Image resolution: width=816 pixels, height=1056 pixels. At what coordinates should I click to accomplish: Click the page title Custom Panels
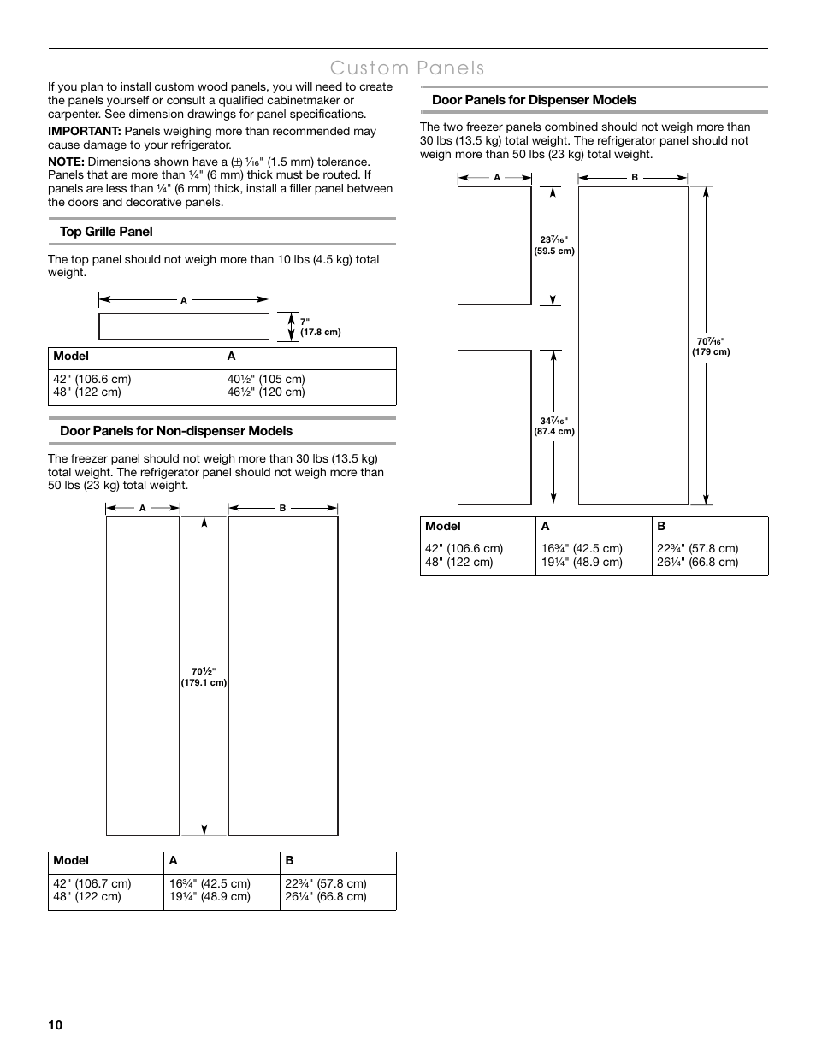tap(407, 68)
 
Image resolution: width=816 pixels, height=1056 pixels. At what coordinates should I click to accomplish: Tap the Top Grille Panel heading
tap(106, 232)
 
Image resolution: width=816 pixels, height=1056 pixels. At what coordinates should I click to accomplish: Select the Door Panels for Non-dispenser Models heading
tap(176, 431)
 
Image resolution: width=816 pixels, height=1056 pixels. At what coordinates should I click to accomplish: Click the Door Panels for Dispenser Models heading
tap(534, 100)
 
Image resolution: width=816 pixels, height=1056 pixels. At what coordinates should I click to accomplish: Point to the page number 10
tap(56, 1025)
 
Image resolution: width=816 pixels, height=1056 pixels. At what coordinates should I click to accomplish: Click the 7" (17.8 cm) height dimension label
tap(320, 327)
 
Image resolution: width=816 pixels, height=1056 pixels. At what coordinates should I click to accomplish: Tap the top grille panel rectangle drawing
tap(184, 327)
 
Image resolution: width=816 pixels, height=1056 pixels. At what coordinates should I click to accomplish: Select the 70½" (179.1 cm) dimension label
tap(204, 677)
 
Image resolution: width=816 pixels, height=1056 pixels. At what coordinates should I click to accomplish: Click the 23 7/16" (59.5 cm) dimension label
tap(554, 245)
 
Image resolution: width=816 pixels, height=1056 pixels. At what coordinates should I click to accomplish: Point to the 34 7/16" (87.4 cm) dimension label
tap(554, 426)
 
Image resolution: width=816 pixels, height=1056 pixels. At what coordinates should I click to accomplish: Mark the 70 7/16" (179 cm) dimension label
tap(711, 346)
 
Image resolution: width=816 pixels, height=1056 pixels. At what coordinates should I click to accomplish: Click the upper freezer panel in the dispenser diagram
tap(494, 245)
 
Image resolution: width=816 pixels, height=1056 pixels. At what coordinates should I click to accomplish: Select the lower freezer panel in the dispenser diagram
tap(494, 428)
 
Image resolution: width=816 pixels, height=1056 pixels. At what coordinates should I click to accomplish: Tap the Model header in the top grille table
tap(71, 357)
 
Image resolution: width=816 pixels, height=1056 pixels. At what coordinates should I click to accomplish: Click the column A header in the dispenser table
tap(545, 527)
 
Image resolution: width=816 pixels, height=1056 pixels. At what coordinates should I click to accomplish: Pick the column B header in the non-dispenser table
tap(289, 861)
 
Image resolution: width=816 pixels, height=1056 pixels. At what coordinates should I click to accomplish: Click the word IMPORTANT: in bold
tap(84, 131)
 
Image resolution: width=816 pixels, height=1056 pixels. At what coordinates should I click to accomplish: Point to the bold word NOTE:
tap(66, 162)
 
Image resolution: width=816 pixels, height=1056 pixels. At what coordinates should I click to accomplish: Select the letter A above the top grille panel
tap(183, 300)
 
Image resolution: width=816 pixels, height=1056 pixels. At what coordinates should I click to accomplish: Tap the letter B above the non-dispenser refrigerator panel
tap(282, 509)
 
